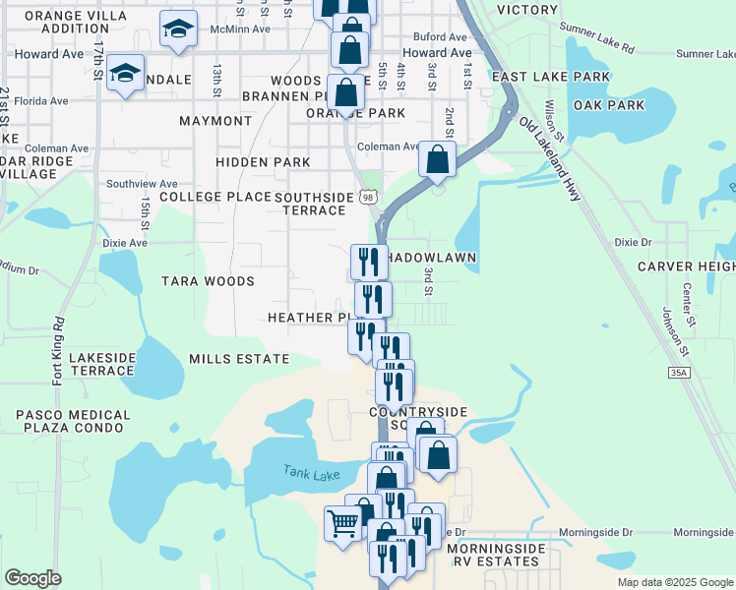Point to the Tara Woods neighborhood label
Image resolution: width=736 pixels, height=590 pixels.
pos(208,281)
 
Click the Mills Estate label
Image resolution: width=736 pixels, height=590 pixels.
pos(239,359)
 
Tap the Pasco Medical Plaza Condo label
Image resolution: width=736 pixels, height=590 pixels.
pos(70,421)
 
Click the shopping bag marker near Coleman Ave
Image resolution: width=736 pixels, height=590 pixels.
pos(437,157)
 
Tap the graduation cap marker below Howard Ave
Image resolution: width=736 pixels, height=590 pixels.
pos(126,73)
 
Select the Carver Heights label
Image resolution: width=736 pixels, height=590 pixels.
pos(686,266)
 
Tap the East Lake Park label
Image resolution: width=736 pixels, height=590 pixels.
pos(539,76)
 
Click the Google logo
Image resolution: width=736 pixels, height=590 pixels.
pos(32,578)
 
